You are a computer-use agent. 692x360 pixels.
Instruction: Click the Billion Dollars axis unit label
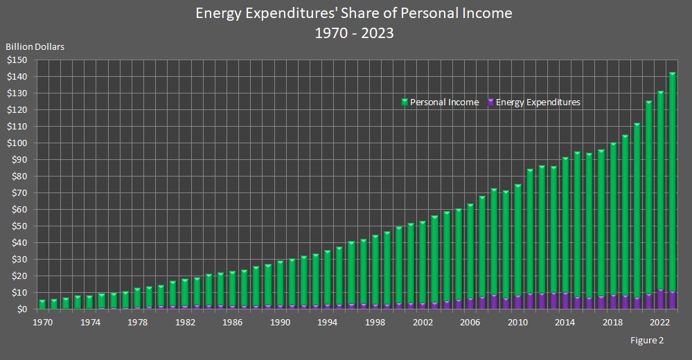(x=35, y=47)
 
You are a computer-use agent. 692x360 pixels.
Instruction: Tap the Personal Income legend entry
(x=444, y=102)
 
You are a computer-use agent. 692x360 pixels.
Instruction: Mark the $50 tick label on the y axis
(x=19, y=226)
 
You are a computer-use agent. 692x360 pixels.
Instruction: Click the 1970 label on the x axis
(x=42, y=322)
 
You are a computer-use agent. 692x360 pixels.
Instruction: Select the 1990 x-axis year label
(x=281, y=322)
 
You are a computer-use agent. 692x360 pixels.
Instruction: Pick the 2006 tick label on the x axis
(x=471, y=322)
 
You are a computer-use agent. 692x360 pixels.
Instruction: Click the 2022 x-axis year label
(x=661, y=322)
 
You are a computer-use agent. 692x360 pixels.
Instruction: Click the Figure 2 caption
(x=647, y=341)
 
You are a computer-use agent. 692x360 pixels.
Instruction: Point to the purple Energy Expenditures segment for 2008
(x=495, y=302)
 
